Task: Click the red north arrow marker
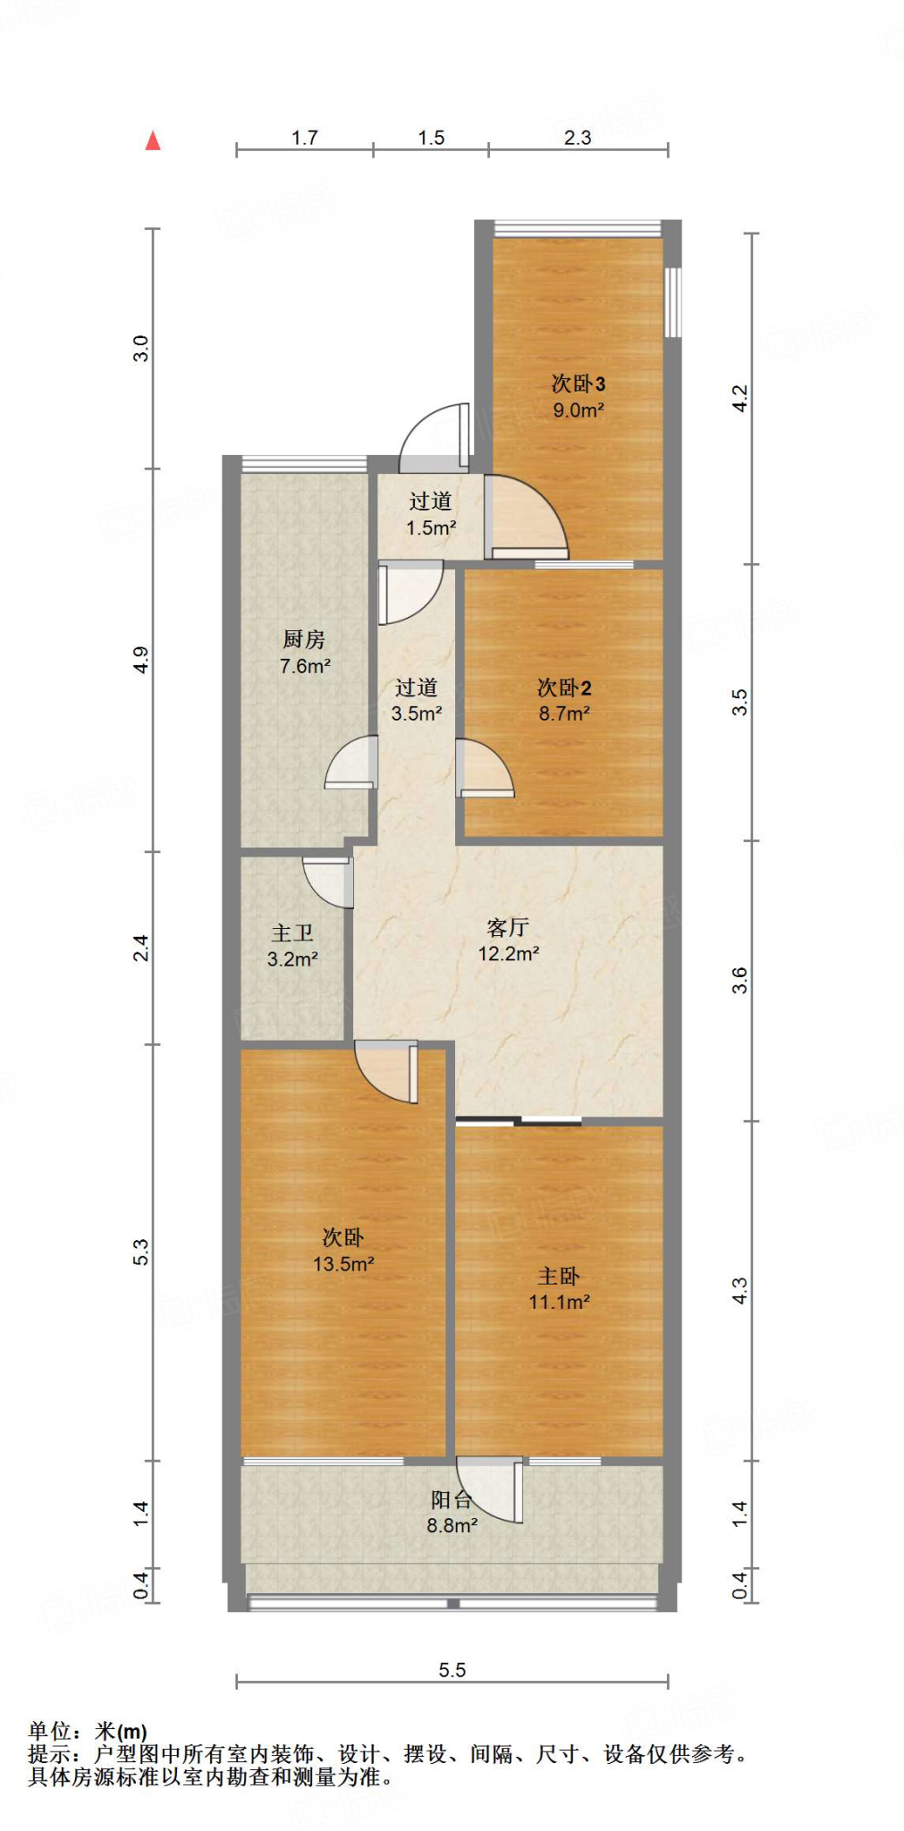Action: point(153,140)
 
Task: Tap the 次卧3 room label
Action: point(578,384)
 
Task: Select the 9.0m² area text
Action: point(578,410)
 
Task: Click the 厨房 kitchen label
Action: point(304,639)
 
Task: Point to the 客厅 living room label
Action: point(508,927)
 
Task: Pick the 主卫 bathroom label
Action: point(292,932)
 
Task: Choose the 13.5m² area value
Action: point(342,1263)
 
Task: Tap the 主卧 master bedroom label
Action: point(559,1276)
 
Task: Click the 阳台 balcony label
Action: point(452,1499)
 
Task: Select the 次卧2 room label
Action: point(564,688)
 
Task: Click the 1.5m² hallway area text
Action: point(431,527)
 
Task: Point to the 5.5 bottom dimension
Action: point(452,1669)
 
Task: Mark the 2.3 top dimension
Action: point(578,137)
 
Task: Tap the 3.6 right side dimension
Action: point(739,980)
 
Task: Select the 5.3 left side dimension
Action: point(140,1252)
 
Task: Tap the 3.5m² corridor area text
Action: point(417,713)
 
